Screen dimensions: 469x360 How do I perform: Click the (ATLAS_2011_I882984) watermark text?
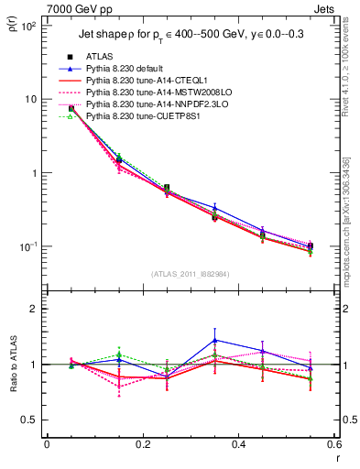[x=191, y=274]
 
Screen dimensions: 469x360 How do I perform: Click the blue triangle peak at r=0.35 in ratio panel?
[x=214, y=340]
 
